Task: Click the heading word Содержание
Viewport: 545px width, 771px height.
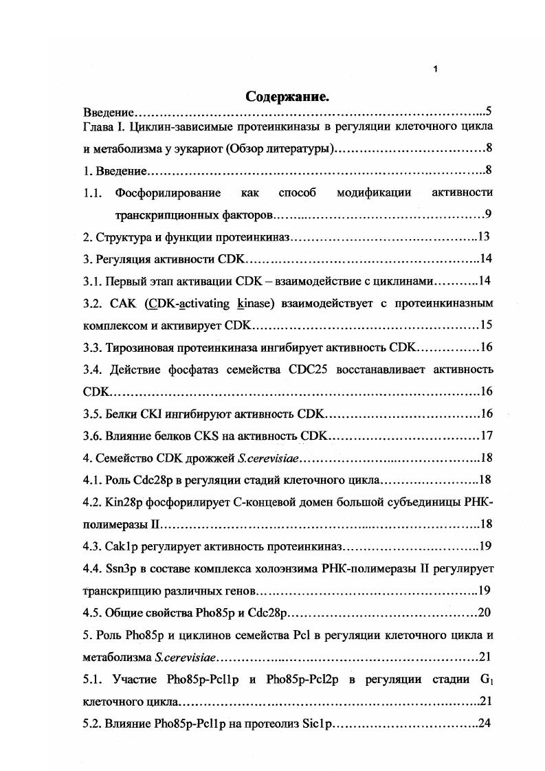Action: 287,97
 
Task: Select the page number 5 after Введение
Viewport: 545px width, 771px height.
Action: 487,111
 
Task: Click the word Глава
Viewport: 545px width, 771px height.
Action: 98,127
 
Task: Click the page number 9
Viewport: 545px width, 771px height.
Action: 487,214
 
